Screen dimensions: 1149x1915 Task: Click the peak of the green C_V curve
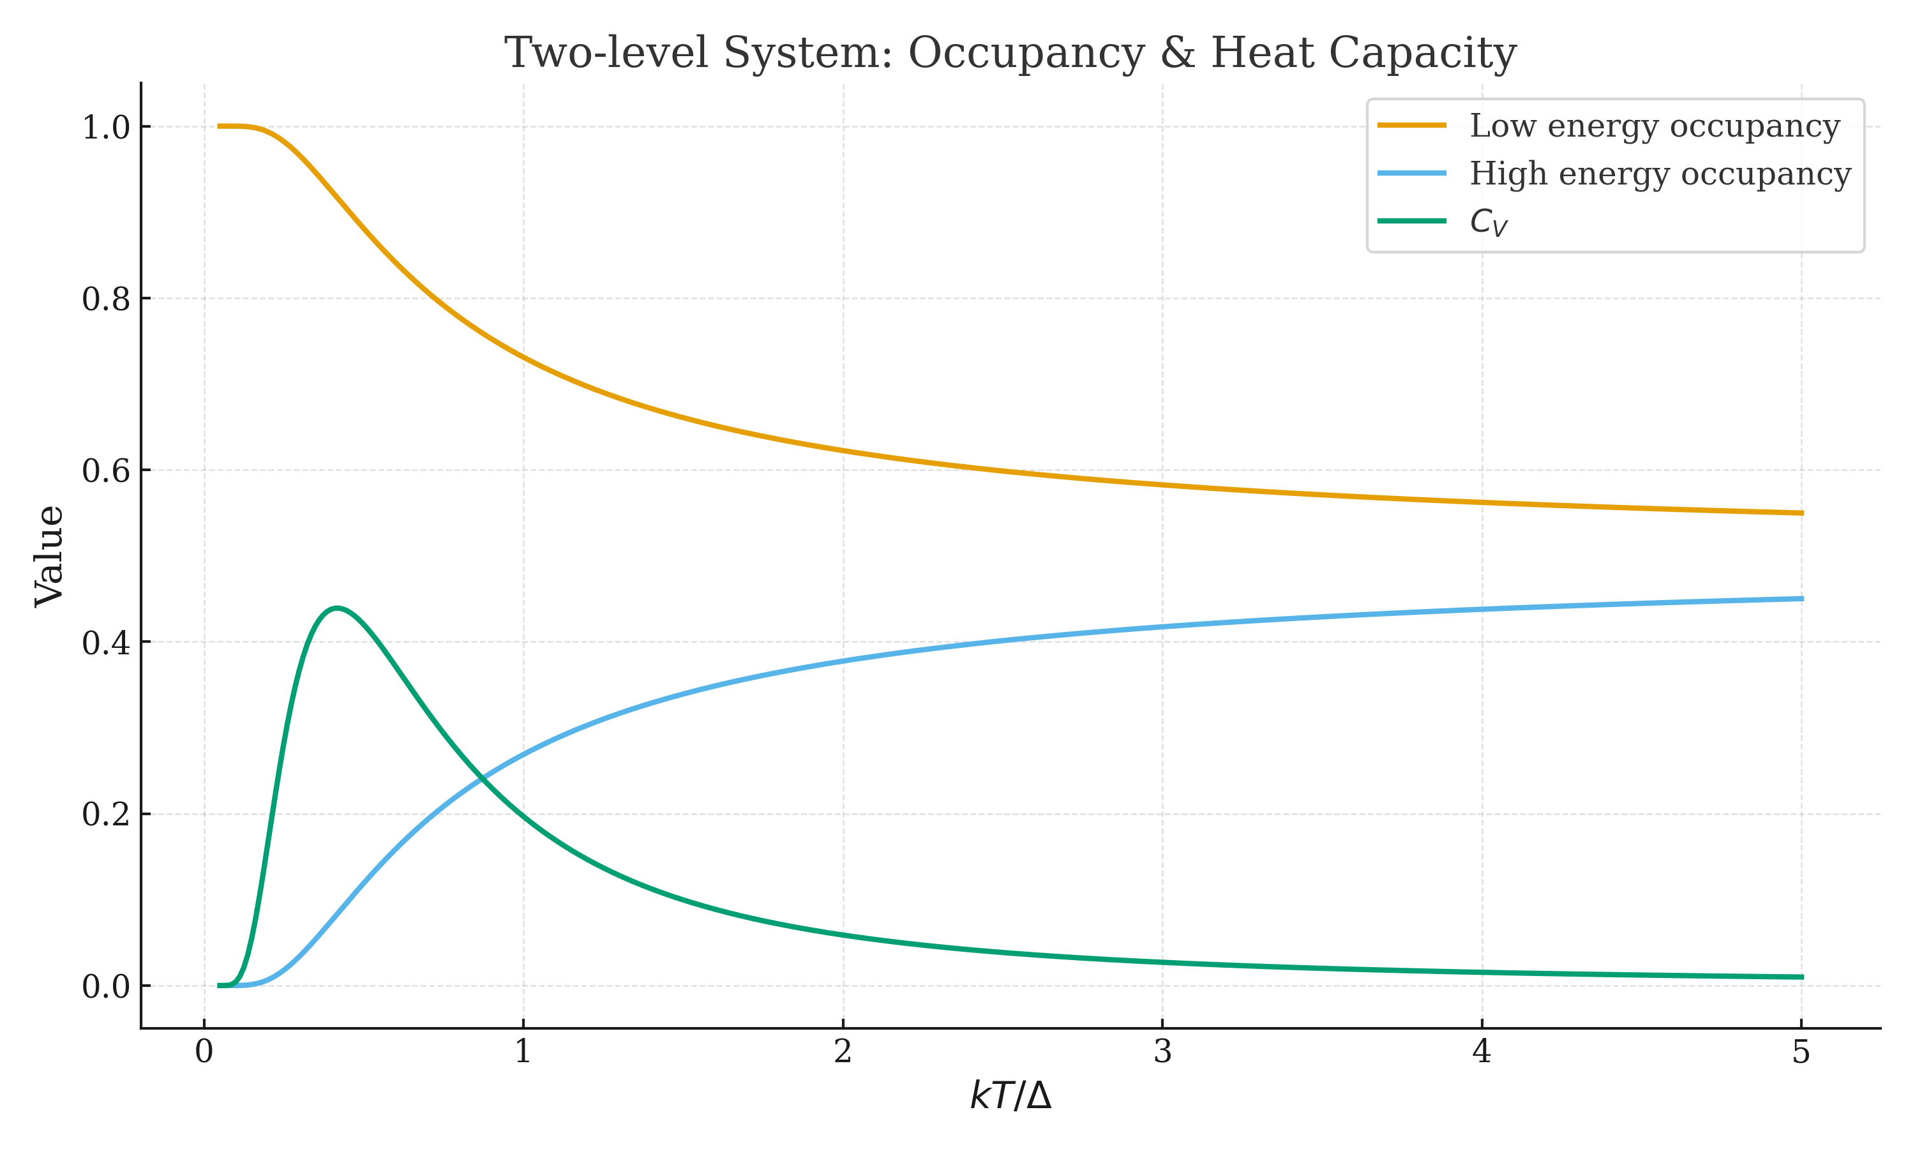[336, 608]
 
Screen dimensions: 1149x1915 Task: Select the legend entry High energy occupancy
[1660, 174]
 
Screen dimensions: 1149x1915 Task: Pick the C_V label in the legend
[1488, 222]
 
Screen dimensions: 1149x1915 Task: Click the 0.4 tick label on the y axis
[106, 643]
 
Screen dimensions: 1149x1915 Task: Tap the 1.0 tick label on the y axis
[106, 128]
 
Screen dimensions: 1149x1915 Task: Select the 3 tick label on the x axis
[1162, 1052]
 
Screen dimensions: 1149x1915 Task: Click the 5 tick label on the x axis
[1801, 1052]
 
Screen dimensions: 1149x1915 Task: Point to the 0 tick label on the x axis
[204, 1052]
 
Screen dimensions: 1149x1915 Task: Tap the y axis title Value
[50, 556]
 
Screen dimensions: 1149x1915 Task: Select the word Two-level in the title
[607, 54]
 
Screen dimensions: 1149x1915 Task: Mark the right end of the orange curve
[1802, 513]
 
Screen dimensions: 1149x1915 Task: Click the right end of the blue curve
[1802, 599]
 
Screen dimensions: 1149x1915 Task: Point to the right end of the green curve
[1802, 977]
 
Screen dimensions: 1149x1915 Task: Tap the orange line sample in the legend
[1411, 125]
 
